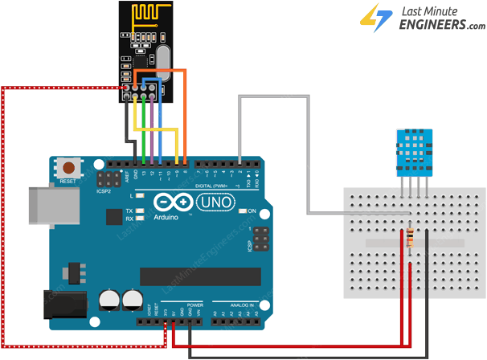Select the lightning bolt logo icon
point(370,18)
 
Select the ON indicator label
point(252,211)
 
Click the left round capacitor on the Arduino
point(109,300)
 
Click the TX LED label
point(129,211)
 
